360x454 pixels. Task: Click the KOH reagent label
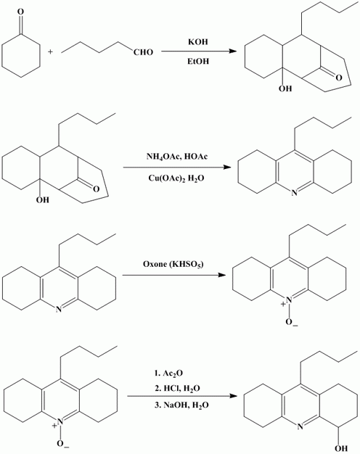(x=198, y=42)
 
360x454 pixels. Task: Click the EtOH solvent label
(x=198, y=62)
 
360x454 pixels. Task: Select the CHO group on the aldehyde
(x=143, y=52)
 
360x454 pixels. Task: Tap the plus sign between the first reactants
(x=51, y=52)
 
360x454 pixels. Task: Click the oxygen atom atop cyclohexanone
(x=20, y=12)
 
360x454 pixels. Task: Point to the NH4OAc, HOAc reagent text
(x=177, y=157)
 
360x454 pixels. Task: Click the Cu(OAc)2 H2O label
(x=176, y=178)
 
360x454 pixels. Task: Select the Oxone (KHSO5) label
(x=173, y=264)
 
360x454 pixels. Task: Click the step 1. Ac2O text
(x=168, y=373)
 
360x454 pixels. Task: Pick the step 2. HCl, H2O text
(x=177, y=389)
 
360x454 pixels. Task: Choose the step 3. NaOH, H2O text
(x=181, y=405)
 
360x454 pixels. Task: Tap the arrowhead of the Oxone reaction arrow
(x=222, y=275)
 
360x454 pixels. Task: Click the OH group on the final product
(x=341, y=449)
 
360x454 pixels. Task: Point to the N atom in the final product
(x=300, y=426)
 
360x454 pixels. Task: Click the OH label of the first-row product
(x=285, y=89)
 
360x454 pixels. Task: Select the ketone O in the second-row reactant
(x=96, y=189)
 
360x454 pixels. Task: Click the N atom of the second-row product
(x=294, y=192)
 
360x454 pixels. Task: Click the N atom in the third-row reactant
(x=59, y=310)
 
